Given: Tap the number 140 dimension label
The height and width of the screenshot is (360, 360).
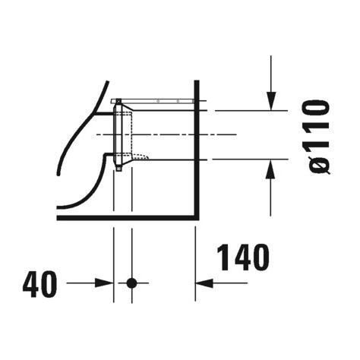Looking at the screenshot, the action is (x=243, y=257).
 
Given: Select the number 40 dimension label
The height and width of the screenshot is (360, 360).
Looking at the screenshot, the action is (x=40, y=284).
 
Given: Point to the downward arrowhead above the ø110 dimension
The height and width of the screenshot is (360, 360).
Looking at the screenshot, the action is (x=271, y=101).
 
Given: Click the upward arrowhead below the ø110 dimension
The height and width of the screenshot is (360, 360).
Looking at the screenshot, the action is (x=270, y=169).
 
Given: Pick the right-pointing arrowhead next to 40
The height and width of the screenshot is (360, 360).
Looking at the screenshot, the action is (x=104, y=283).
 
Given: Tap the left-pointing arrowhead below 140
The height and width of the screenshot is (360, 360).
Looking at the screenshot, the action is (x=204, y=283).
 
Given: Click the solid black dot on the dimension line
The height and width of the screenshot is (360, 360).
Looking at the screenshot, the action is (x=131, y=283).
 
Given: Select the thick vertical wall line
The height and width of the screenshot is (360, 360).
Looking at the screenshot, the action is (x=197, y=150).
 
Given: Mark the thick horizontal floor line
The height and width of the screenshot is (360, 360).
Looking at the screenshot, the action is (x=127, y=218).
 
